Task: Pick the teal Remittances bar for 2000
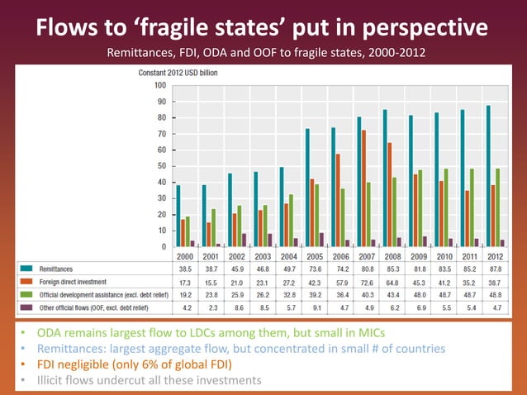[x=178, y=216]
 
